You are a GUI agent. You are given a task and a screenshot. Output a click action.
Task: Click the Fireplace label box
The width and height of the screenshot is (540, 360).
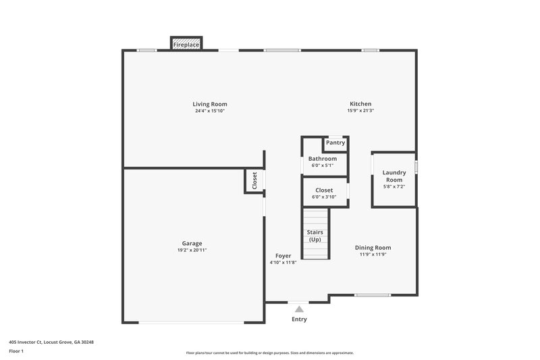186,45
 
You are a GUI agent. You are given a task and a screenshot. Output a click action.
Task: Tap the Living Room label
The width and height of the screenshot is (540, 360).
210,104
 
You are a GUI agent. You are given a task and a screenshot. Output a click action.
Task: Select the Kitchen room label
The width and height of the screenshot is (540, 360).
360,104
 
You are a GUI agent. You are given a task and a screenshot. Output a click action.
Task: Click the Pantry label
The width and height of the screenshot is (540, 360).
335,143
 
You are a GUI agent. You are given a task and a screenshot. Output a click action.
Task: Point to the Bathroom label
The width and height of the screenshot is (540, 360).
323,159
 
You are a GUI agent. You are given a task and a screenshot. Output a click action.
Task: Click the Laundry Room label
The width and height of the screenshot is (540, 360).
394,176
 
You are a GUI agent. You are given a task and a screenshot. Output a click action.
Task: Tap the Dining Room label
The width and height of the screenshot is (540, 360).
373,248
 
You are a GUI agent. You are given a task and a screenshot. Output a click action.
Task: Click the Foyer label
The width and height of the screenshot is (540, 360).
283,255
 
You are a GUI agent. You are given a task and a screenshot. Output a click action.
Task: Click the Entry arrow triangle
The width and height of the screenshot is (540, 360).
299,309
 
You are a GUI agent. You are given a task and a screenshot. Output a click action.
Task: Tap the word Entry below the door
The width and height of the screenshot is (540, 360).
299,319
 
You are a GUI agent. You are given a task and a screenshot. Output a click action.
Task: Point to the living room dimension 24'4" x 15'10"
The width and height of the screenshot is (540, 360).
210,111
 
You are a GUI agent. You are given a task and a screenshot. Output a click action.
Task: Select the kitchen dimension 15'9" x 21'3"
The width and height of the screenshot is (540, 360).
360,111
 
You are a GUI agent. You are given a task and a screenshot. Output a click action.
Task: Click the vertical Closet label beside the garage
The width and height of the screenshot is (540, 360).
254,180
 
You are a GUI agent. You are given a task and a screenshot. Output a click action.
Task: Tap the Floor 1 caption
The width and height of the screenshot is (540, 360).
17,351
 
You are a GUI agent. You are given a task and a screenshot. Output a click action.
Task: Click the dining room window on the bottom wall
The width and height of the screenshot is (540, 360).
373,295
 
